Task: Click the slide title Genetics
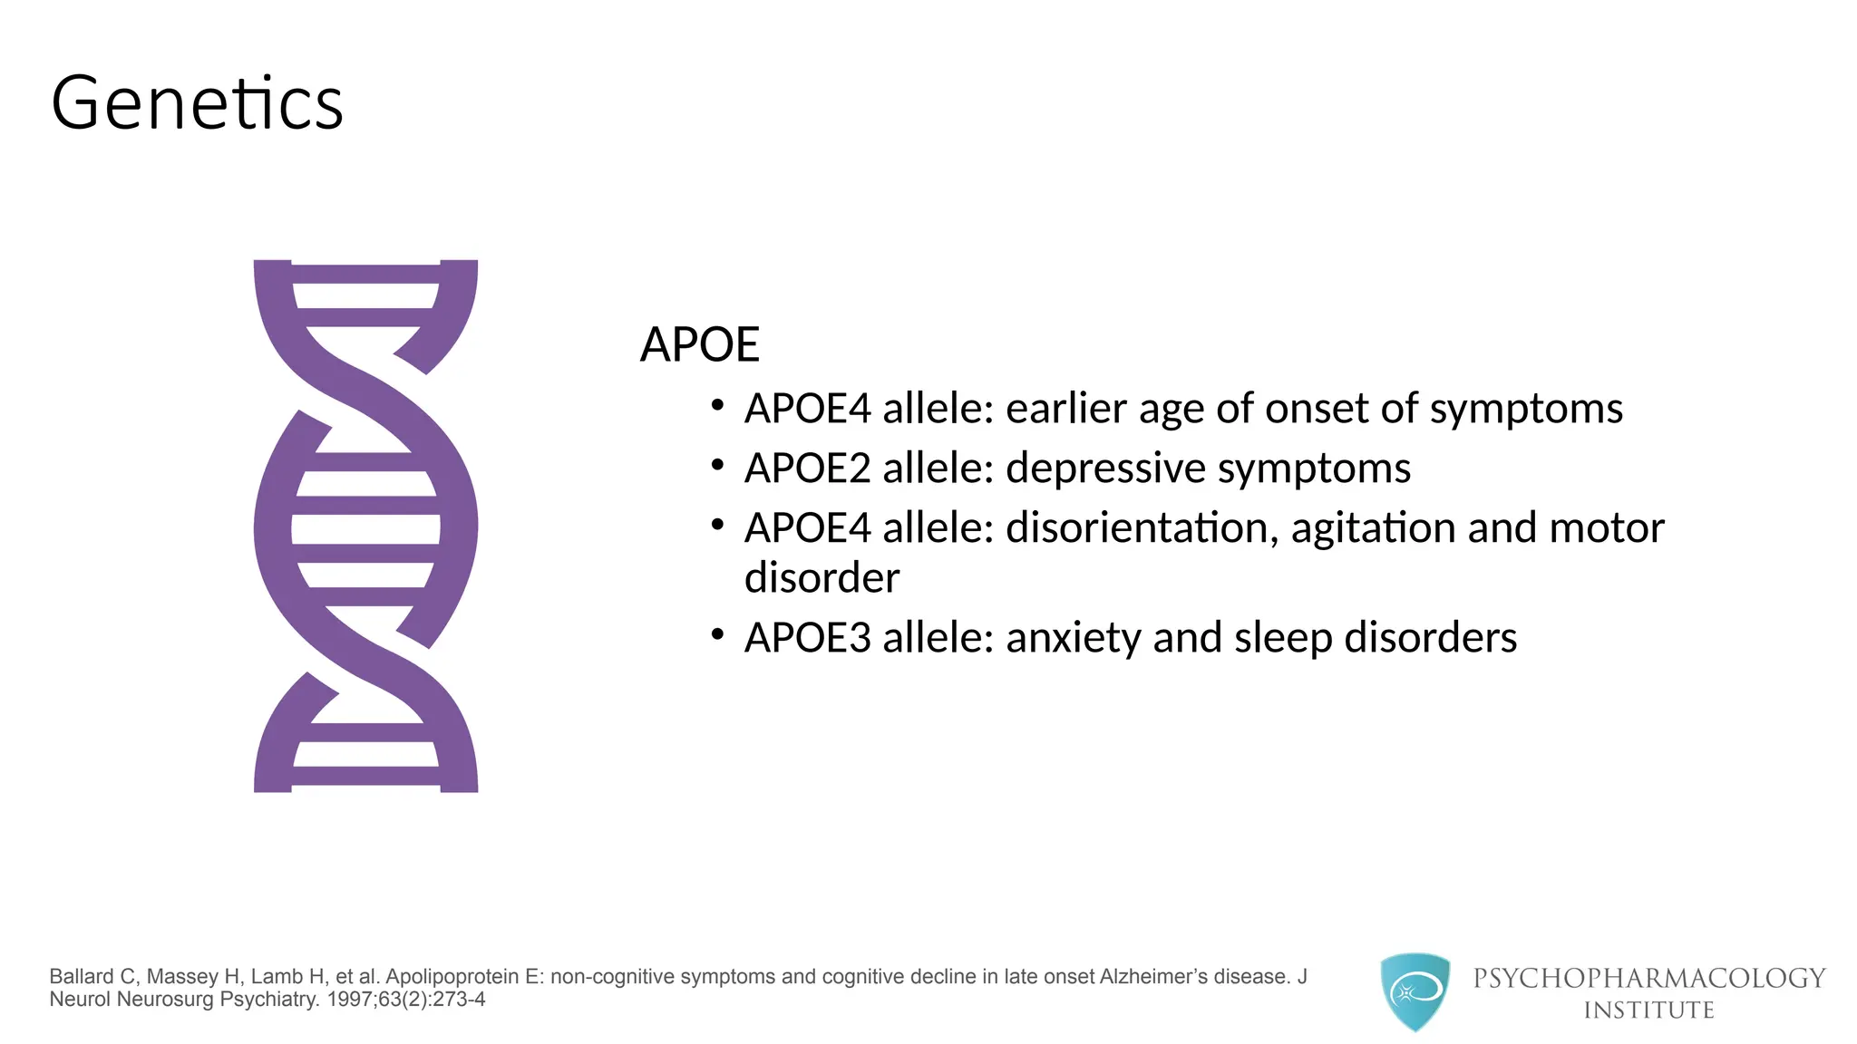click(x=197, y=103)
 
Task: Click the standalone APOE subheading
click(x=699, y=345)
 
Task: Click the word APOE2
click(x=807, y=469)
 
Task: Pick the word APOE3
click(x=807, y=638)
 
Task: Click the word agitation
click(x=1372, y=528)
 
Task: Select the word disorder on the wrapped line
click(x=822, y=578)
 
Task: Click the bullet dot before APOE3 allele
click(x=717, y=635)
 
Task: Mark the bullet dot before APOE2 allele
click(x=717, y=466)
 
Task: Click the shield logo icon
click(x=1415, y=991)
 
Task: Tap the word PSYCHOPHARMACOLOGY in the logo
click(x=1648, y=978)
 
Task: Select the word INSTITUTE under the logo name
click(x=1648, y=1010)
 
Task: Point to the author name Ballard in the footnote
click(x=82, y=977)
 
